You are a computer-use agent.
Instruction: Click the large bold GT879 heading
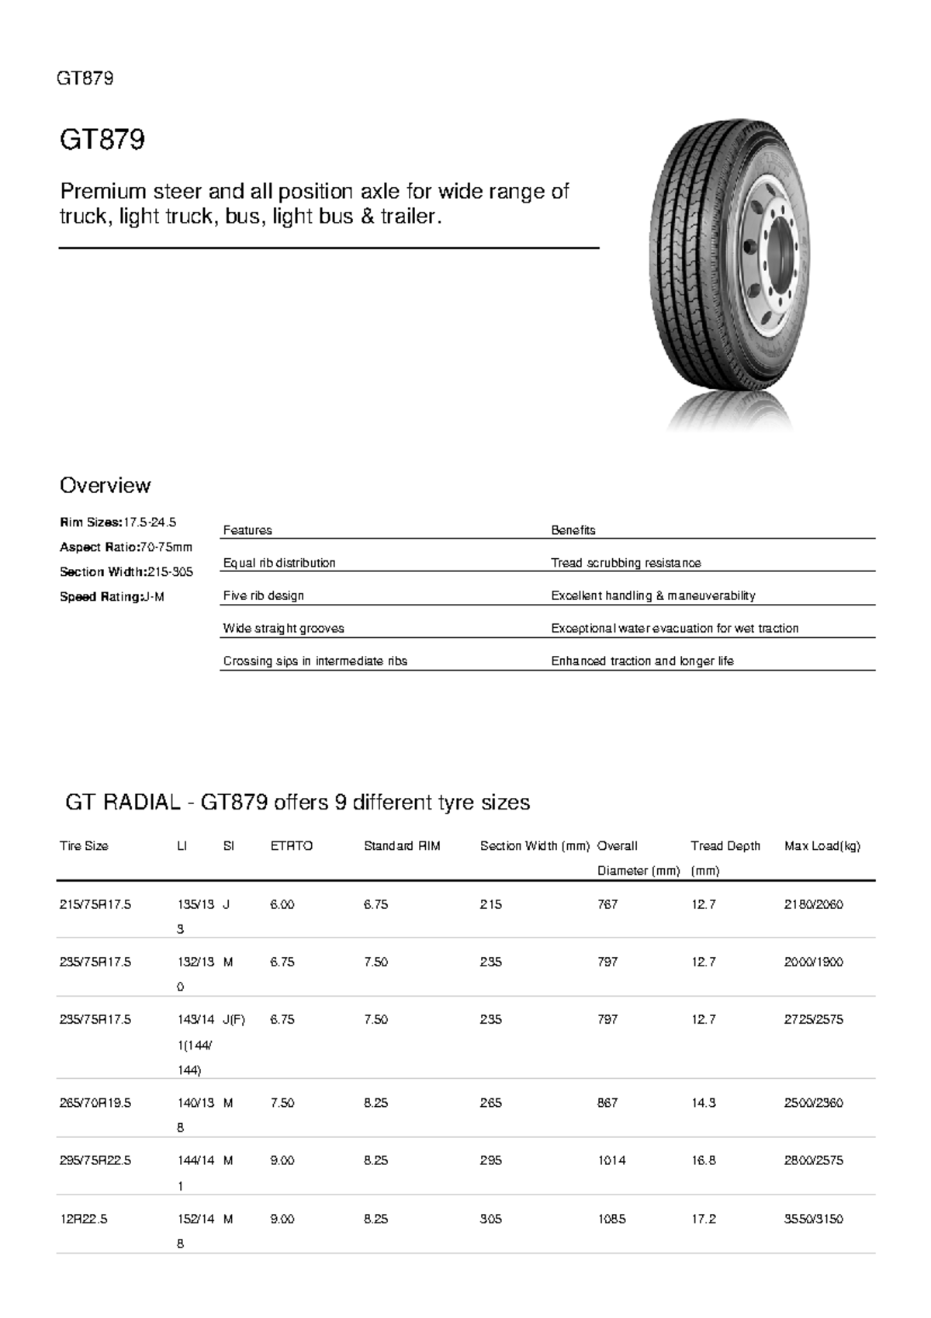[x=102, y=140]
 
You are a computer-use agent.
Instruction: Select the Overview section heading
[x=105, y=486]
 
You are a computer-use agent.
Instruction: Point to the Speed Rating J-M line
[x=112, y=597]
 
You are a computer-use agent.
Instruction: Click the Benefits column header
[x=573, y=530]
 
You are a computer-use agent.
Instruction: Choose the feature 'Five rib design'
[x=263, y=595]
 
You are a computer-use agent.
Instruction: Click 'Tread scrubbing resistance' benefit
[x=625, y=563]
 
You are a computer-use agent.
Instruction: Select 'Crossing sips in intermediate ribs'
[x=315, y=661]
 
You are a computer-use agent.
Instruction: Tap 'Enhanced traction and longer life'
[x=642, y=661]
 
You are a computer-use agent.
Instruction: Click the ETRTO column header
[x=291, y=846]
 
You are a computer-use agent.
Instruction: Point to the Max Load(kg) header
[x=822, y=846]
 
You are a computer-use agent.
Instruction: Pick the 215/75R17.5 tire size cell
[x=95, y=904]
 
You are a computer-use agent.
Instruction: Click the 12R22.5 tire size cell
[x=84, y=1219]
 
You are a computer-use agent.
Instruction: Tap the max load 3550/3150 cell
[x=814, y=1219]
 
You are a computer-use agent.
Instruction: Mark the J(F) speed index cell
[x=234, y=1020]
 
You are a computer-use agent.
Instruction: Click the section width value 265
[x=490, y=1103]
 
